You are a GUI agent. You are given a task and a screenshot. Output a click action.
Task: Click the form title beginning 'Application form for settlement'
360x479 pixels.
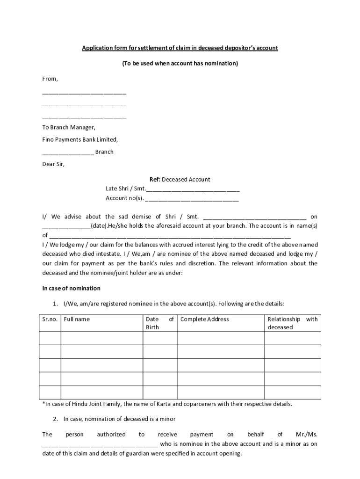(180, 48)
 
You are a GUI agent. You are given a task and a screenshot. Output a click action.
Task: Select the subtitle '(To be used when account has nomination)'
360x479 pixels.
(180, 63)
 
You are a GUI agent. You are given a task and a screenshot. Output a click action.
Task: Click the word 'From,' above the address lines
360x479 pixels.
(50, 79)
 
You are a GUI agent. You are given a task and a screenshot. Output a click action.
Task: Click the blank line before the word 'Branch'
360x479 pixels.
(68, 152)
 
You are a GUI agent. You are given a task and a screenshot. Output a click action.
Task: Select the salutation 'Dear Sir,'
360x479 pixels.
(54, 164)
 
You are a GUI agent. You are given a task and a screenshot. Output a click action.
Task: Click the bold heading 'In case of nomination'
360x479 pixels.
(71, 288)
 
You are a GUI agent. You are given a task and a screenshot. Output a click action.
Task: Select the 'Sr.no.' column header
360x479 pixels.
(50, 319)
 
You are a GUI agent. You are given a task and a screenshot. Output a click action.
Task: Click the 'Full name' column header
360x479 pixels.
(77, 319)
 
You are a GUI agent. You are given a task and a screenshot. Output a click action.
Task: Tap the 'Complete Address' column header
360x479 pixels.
(205, 319)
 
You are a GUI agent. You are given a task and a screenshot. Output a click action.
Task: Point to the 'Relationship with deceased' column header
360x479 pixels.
(292, 323)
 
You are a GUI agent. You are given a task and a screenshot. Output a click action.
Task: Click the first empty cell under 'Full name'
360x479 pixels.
(101, 338)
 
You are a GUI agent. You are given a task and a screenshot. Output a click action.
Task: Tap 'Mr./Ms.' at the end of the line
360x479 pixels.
(307, 435)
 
